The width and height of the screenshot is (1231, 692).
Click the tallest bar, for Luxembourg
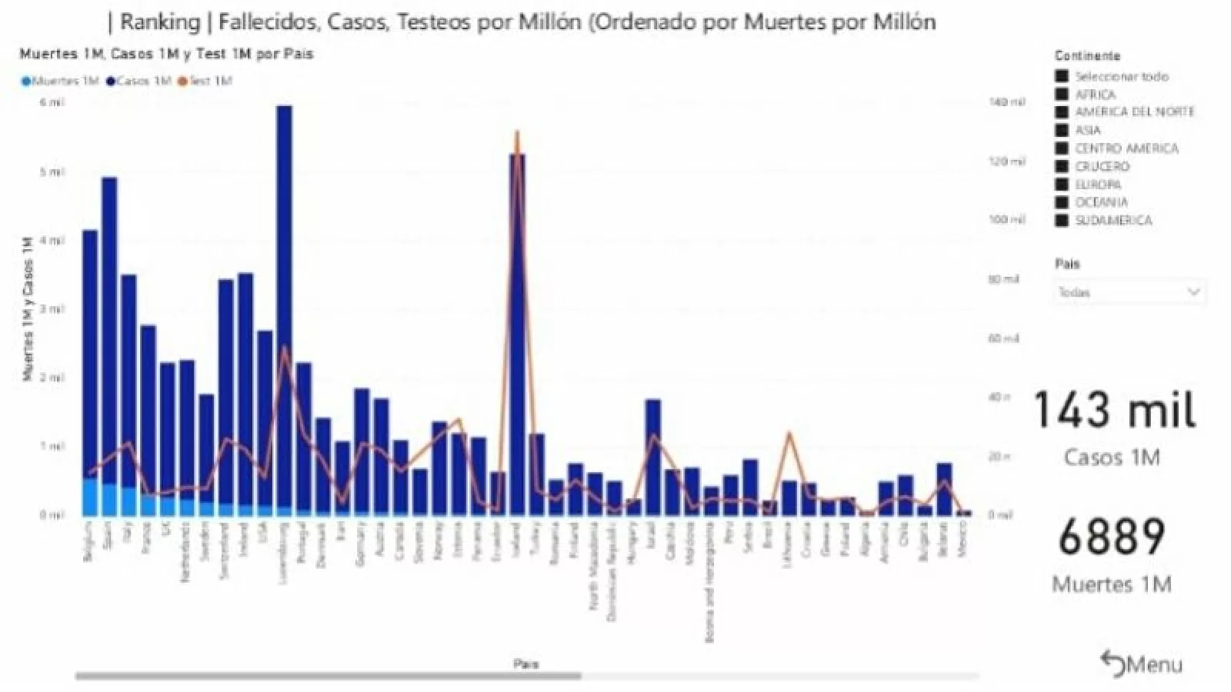(284, 308)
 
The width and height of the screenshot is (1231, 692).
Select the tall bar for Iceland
(517, 331)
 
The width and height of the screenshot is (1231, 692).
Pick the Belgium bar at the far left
(90, 369)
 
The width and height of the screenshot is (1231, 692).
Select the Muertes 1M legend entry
(61, 81)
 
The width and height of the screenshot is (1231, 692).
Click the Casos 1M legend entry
(139, 81)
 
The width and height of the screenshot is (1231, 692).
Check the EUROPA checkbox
(1063, 185)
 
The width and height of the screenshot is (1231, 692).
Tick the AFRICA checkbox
(1063, 95)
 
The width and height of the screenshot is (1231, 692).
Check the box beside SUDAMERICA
(1063, 221)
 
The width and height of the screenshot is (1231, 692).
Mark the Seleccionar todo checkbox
(1063, 76)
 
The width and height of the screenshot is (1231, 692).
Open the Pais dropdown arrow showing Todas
(1194, 292)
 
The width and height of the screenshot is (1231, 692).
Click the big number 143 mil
(1113, 410)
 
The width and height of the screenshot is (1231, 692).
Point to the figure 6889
(1112, 537)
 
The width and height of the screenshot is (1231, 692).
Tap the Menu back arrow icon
(1113, 664)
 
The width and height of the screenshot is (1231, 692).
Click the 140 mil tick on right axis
(1006, 102)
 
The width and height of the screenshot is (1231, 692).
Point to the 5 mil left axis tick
(52, 171)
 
